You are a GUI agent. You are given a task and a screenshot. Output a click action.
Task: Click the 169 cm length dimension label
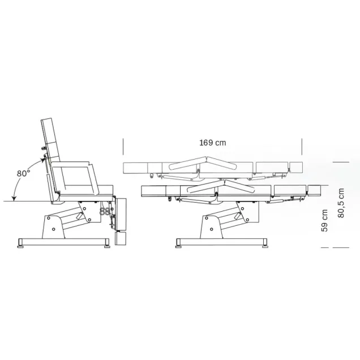[x=213, y=143]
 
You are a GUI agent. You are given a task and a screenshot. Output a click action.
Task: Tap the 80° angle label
[x=23, y=173]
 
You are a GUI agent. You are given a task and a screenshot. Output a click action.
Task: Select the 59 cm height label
[x=324, y=220]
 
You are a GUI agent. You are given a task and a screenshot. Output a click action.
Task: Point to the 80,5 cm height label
[x=341, y=203]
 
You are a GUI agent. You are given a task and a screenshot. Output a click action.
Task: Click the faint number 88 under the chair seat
[x=105, y=212]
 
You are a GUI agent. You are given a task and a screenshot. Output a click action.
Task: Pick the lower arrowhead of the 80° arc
[x=14, y=198]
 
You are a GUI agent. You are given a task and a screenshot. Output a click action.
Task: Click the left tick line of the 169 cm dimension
[x=123, y=147]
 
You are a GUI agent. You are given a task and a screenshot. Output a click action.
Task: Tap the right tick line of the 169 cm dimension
[x=302, y=147]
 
